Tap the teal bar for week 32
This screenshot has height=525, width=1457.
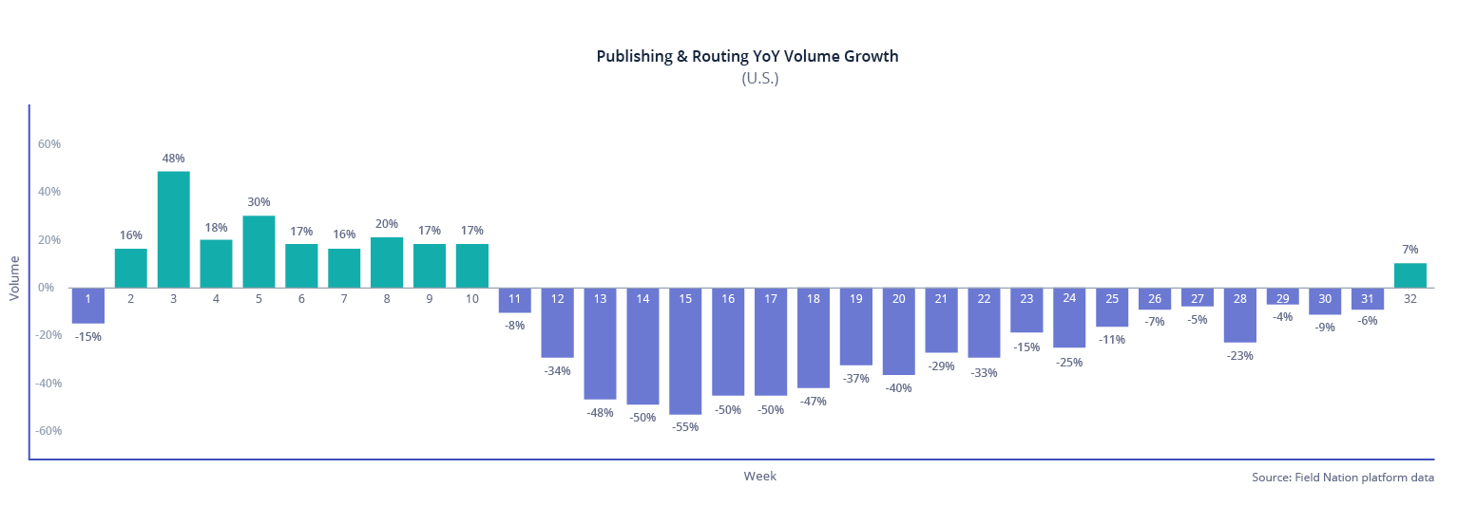tap(1410, 275)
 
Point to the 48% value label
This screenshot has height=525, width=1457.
tap(173, 159)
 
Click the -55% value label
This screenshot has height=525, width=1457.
tap(685, 427)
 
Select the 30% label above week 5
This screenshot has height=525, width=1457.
tap(259, 202)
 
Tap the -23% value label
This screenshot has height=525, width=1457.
tap(1239, 356)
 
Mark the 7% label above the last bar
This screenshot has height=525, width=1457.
tap(1410, 249)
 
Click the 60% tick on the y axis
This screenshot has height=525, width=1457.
tap(49, 144)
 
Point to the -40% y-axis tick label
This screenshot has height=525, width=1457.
tap(48, 384)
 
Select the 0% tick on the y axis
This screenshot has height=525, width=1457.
tap(46, 288)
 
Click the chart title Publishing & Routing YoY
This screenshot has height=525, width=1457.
tap(747, 56)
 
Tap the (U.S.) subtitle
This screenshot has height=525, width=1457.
tap(759, 79)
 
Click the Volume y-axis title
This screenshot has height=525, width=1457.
tap(14, 278)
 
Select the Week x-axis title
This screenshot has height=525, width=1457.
tap(759, 477)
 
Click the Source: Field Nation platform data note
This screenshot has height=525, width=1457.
tap(1342, 478)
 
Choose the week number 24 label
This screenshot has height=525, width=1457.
tap(1069, 298)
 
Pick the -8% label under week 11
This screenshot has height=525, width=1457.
tap(514, 326)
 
